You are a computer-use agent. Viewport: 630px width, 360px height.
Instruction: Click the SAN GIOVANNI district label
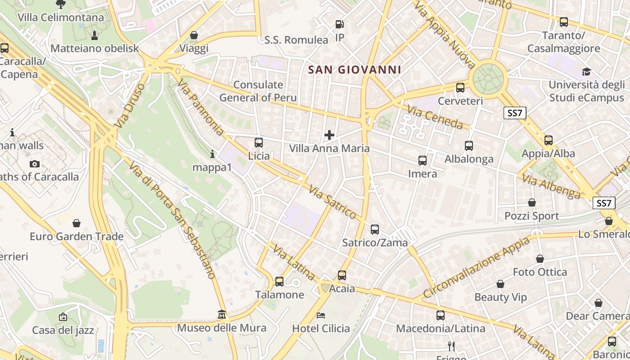[x=355, y=70]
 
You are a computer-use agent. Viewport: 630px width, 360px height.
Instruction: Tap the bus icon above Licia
[x=258, y=143]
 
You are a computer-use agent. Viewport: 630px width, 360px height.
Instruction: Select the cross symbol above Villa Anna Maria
[x=329, y=135]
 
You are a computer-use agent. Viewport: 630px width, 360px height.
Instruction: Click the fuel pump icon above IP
[x=340, y=24]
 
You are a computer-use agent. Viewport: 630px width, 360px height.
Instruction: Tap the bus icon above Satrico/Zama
[x=375, y=229]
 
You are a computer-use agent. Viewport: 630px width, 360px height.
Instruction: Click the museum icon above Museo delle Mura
[x=222, y=314]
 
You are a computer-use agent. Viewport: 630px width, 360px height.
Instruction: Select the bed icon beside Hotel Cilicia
[x=321, y=315]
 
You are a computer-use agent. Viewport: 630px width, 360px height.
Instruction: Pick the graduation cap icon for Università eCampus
[x=586, y=72]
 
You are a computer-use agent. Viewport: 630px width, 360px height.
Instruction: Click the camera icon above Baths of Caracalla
[x=35, y=164]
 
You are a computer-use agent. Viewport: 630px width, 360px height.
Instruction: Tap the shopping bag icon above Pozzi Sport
[x=532, y=202]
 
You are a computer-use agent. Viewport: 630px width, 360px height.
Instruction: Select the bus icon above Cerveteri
[x=460, y=88]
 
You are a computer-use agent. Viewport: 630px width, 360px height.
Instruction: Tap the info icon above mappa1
[x=212, y=154]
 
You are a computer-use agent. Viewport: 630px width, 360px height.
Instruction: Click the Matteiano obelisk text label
[x=95, y=49]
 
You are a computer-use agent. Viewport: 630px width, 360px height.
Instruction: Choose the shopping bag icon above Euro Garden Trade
[x=76, y=223]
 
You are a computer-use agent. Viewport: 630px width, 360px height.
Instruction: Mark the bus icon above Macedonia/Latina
[x=441, y=315]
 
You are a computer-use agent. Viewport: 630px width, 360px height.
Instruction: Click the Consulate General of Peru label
[x=258, y=91]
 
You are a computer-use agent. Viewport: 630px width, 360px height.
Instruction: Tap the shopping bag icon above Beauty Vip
[x=500, y=284]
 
